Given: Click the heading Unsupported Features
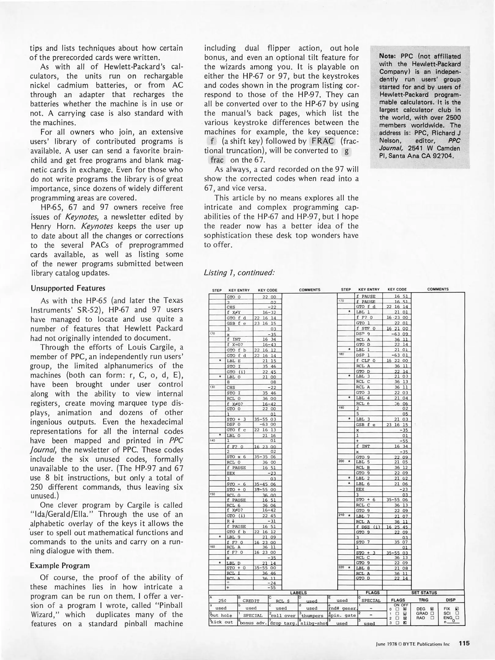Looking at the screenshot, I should pyautogui.click(x=68, y=288).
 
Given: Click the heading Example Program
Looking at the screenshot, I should pyautogui.click(x=60, y=566).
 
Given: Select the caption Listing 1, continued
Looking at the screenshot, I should pyautogui.click(x=239, y=272).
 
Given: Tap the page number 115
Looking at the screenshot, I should pyautogui.click(x=464, y=643).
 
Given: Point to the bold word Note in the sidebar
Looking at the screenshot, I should pyautogui.click(x=387, y=56).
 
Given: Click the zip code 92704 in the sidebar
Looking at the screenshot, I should pyautogui.click(x=442, y=156).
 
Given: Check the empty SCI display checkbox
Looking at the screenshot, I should pyautogui.click(x=457, y=613).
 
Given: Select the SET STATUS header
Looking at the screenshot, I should pyautogui.click(x=424, y=592).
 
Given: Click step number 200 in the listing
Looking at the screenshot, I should pyautogui.click(x=342, y=461).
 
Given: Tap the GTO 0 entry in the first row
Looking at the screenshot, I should pyautogui.click(x=234, y=297).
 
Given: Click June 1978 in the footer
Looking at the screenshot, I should pyautogui.click(x=386, y=644).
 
